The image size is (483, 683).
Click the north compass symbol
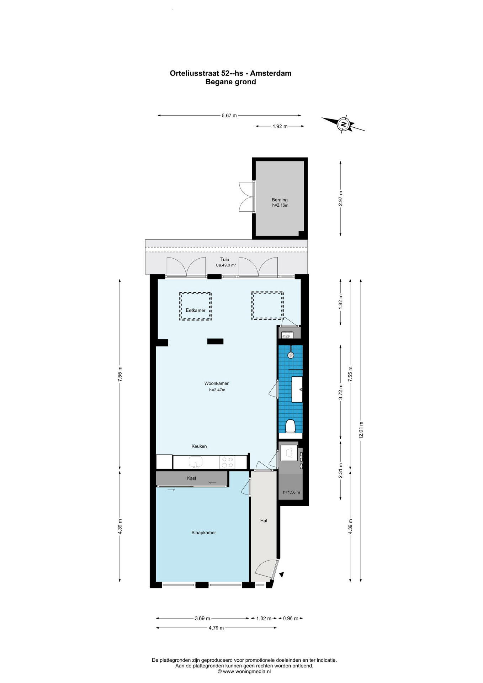click(343, 124)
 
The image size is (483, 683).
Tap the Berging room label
click(280, 200)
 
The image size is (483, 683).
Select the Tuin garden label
click(225, 259)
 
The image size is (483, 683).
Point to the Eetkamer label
click(196, 310)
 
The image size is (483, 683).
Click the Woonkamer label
click(216, 383)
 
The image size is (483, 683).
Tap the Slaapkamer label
click(204, 533)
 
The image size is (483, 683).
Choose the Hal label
click(264, 521)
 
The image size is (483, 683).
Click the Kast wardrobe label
click(192, 478)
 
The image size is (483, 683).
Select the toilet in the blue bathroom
click(291, 426)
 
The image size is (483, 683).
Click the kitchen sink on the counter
click(195, 462)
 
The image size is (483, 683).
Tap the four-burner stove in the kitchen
click(227, 462)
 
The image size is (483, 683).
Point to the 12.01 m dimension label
click(361, 430)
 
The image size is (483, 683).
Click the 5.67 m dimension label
click(229, 116)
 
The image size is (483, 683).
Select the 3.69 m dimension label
click(202, 618)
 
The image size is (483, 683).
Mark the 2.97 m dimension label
click(340, 198)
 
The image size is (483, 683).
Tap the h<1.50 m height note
click(291, 492)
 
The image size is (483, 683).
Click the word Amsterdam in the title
click(271, 73)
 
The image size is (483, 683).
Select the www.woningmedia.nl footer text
click(246, 671)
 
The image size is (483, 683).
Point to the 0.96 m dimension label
click(291, 618)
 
